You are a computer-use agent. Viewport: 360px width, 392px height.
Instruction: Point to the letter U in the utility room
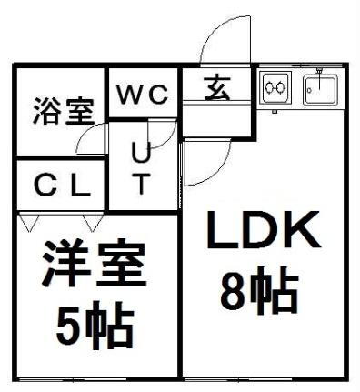142,153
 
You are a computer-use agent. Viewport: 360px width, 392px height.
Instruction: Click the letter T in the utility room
142,185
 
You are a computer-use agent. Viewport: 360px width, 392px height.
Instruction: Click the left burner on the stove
270,88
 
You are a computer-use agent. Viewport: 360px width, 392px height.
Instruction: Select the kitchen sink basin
320,89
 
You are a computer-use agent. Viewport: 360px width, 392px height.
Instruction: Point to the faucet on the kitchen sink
320,73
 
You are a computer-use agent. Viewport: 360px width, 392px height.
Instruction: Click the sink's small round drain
311,89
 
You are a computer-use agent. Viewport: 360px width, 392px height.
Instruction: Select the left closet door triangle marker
27,221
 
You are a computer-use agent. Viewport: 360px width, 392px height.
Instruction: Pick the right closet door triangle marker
92,221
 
